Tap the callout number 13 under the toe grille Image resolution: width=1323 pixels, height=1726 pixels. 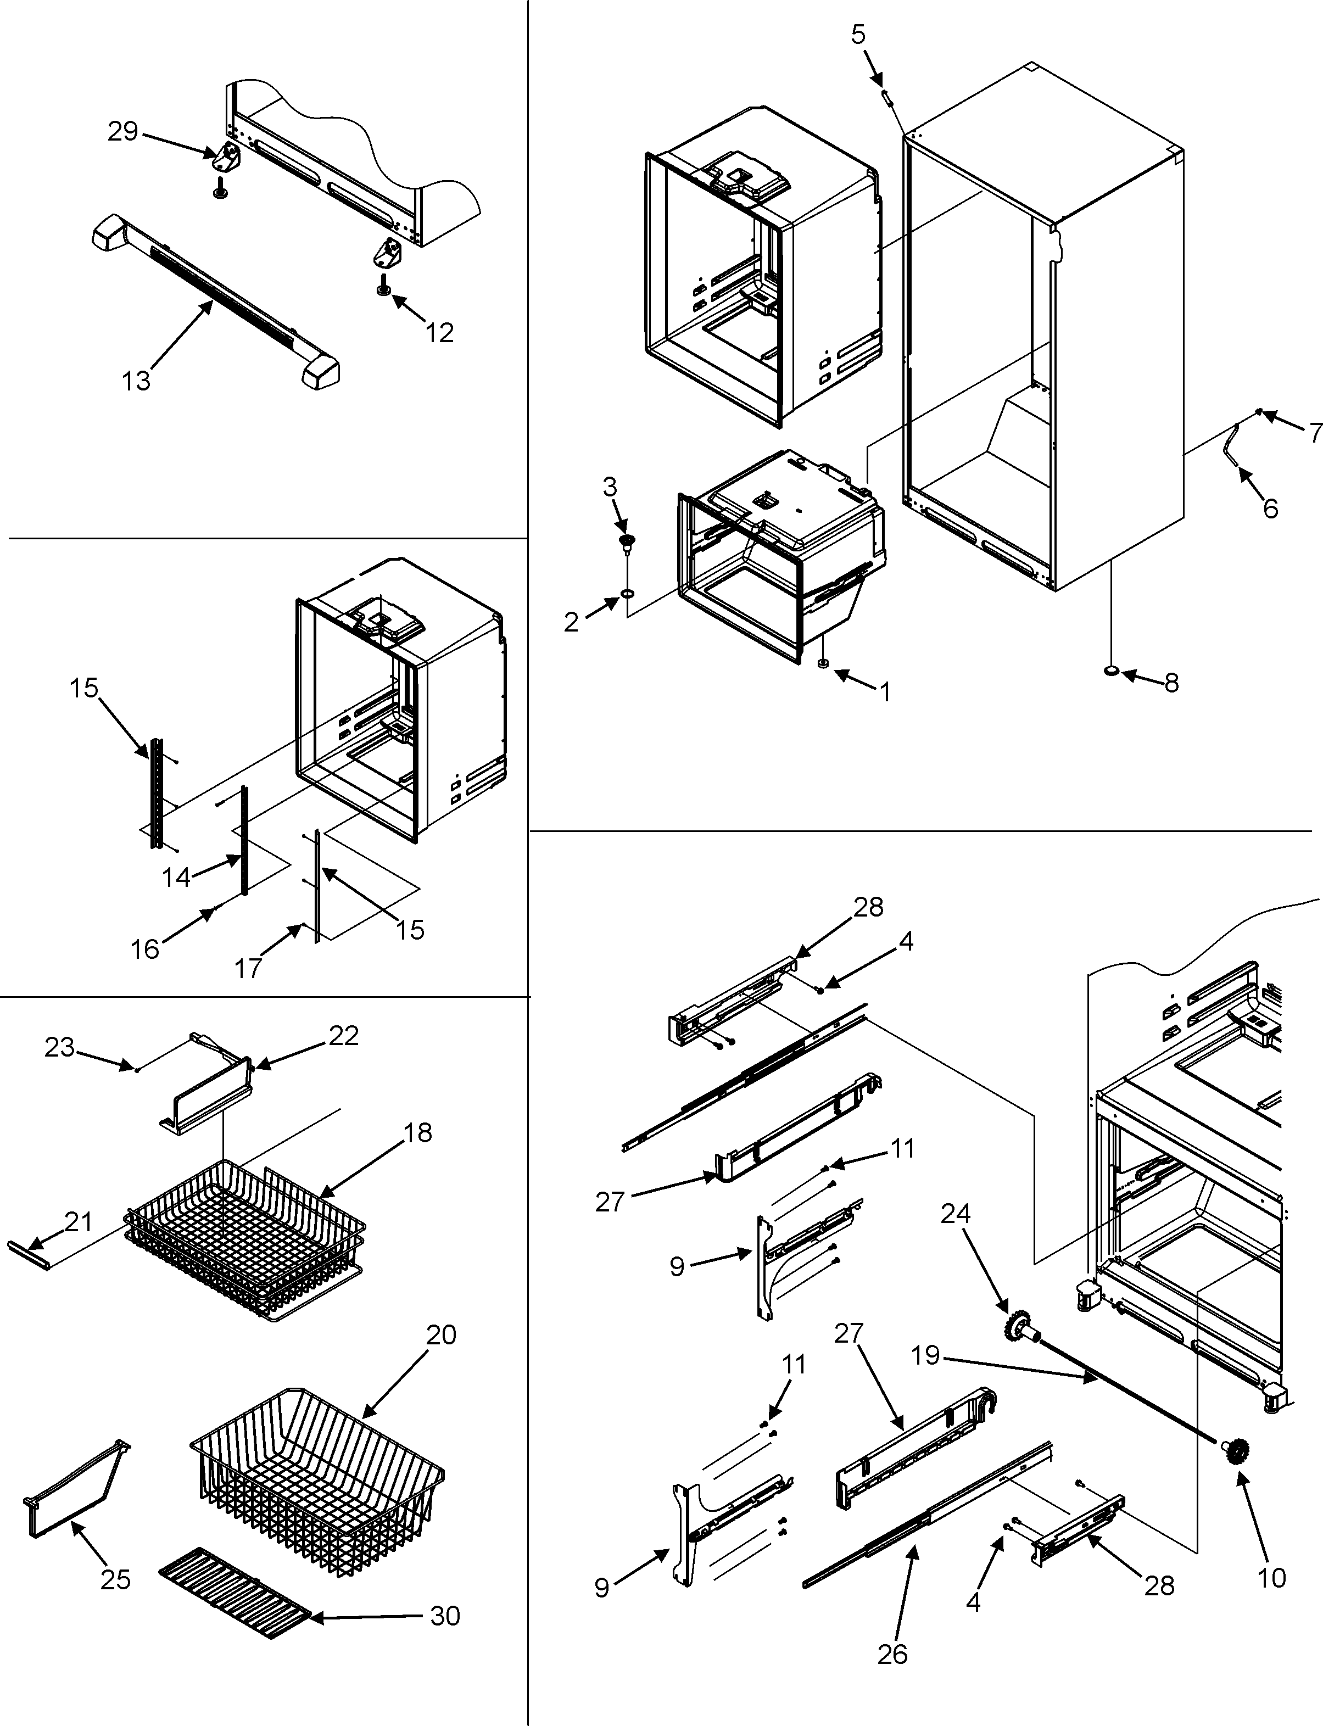[136, 381]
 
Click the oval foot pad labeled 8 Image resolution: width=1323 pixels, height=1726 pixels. [1111, 671]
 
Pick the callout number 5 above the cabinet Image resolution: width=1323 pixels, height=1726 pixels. [858, 34]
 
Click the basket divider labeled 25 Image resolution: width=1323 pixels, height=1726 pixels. [75, 1488]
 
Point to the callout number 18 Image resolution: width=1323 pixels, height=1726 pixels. [418, 1132]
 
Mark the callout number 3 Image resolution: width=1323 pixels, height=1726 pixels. [610, 488]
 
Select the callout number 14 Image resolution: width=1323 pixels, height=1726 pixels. [176, 876]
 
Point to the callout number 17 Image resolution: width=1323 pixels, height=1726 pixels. [248, 968]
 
